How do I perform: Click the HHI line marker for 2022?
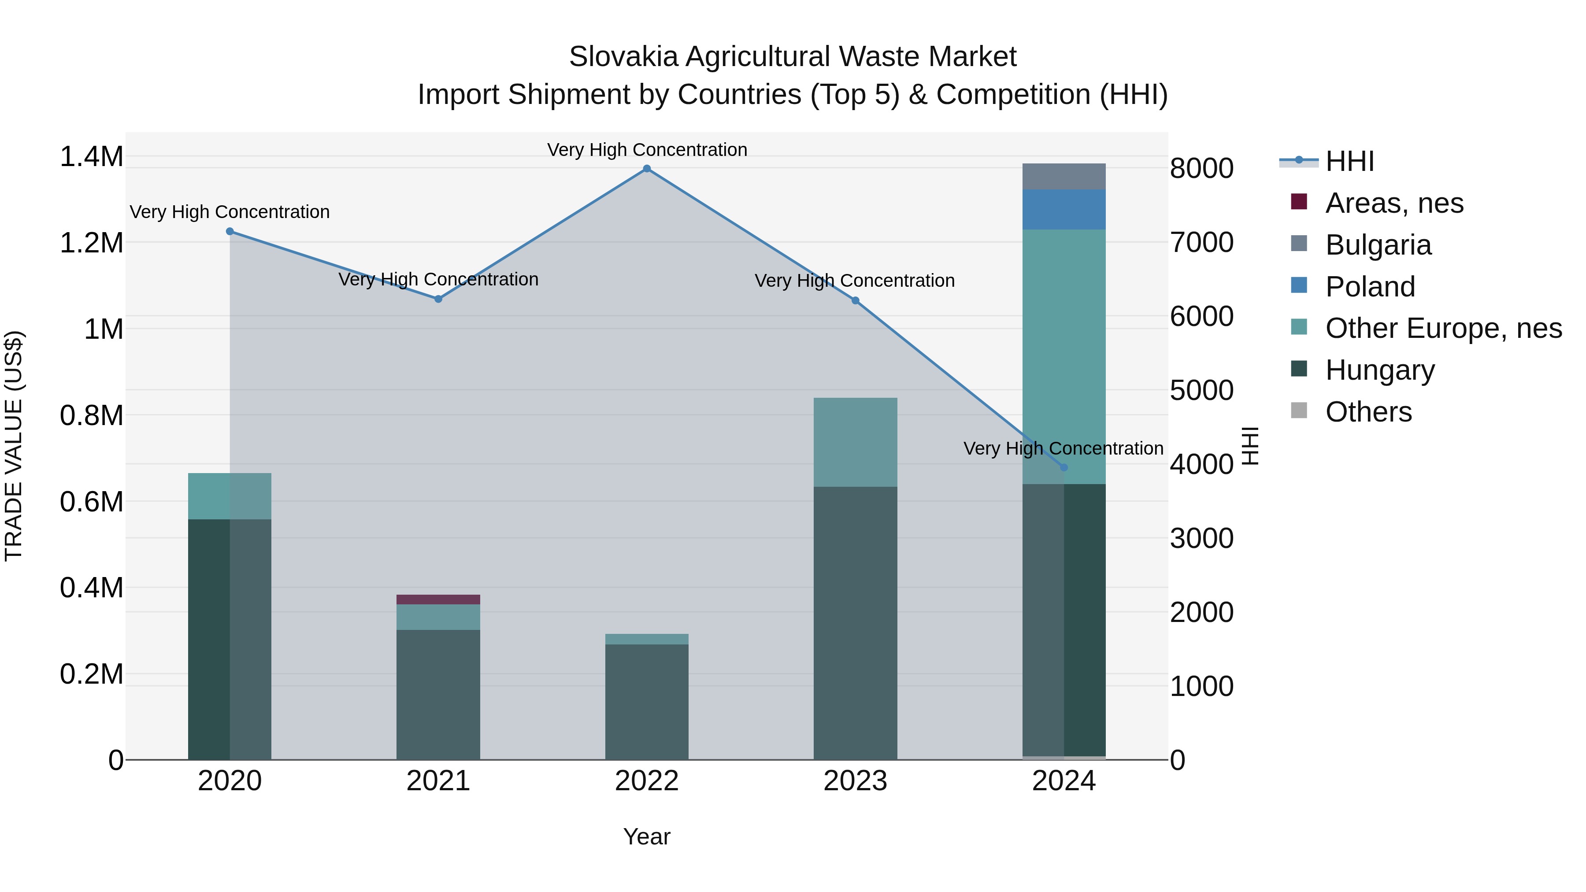(x=646, y=169)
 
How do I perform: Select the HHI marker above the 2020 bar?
(x=230, y=231)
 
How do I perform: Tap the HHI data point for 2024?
(x=1064, y=468)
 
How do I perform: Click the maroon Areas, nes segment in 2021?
(x=438, y=600)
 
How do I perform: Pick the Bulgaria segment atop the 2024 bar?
(x=1064, y=177)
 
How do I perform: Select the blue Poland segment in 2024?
(x=1064, y=209)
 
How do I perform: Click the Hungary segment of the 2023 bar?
(x=855, y=622)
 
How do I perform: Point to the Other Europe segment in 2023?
(x=855, y=442)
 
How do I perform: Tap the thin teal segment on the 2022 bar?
(x=646, y=639)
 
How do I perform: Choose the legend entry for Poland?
(x=1370, y=287)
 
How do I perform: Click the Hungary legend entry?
(x=1379, y=370)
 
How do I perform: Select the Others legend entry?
(x=1368, y=412)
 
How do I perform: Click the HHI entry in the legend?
(x=1349, y=161)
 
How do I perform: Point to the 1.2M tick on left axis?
(x=91, y=243)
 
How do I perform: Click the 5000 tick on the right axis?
(x=1201, y=390)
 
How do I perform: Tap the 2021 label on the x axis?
(x=438, y=781)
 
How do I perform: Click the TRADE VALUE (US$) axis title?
(x=14, y=446)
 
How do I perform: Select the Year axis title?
(x=646, y=836)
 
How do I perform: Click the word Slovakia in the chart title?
(x=623, y=57)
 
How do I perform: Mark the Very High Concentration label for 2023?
(x=855, y=281)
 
